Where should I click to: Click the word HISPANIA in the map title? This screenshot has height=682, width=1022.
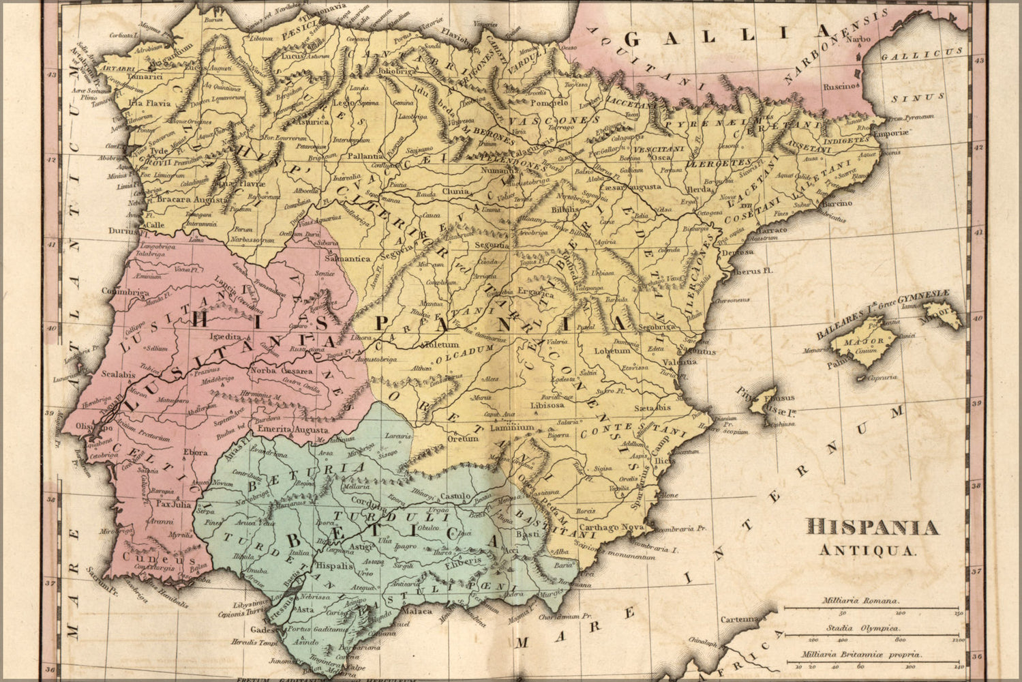click(873, 527)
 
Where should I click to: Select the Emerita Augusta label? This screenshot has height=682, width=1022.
click(292, 430)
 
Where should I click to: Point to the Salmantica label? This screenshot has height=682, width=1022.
click(348, 259)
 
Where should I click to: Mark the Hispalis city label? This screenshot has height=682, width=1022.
click(334, 565)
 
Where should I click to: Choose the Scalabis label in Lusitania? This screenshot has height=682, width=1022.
click(117, 374)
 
